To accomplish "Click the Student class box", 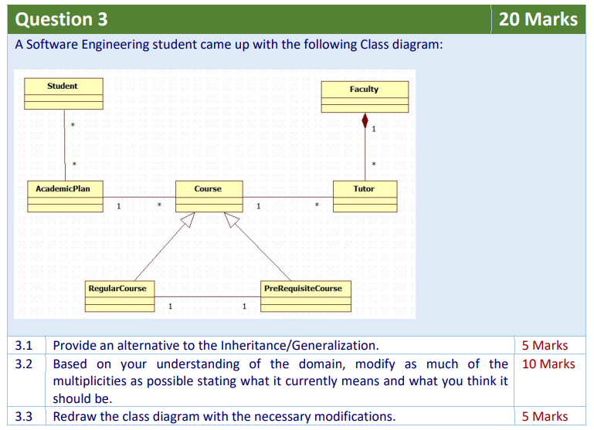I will [63, 93].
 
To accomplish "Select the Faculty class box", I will [364, 96].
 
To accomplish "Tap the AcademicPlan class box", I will [63, 196].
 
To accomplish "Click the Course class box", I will [208, 196].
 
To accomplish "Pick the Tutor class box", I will [364, 196].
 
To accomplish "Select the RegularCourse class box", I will [117, 296].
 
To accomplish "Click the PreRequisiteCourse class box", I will [303, 296].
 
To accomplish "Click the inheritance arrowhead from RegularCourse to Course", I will [185, 220].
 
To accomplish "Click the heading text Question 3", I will [62, 19].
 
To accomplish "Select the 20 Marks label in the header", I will [538, 19].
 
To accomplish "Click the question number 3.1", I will [24, 345].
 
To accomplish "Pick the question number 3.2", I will [24, 364].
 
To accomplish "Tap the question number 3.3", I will [24, 416].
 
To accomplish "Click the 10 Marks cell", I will [548, 364].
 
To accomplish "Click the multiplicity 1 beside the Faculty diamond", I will [374, 128].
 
